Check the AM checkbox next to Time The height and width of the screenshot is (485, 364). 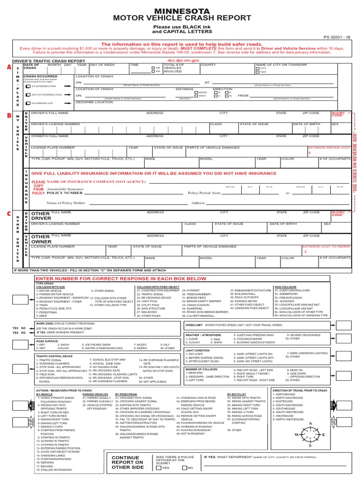(x=153, y=68)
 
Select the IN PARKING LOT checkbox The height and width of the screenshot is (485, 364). (x=28, y=102)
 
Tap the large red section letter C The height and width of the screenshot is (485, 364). (x=8, y=214)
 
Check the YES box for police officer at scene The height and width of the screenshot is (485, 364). (x=158, y=467)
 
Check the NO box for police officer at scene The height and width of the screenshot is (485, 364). (x=184, y=467)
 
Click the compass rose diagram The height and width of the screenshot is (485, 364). (x=310, y=434)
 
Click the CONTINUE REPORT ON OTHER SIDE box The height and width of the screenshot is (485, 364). (x=127, y=462)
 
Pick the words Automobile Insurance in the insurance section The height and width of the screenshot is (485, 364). (x=65, y=189)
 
